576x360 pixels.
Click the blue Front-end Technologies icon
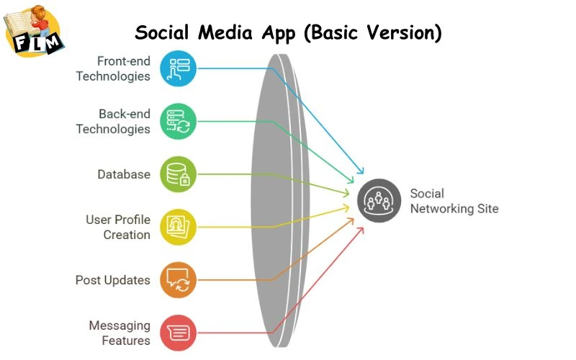pyautogui.click(x=177, y=68)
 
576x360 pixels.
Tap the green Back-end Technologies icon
pyautogui.click(x=177, y=121)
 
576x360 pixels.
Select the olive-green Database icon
pyautogui.click(x=177, y=174)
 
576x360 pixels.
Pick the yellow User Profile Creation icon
pyautogui.click(x=177, y=227)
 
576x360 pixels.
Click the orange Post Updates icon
pyautogui.click(x=177, y=279)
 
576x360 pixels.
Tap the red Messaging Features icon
pyautogui.click(x=177, y=333)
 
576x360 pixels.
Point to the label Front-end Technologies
pyautogui.click(x=113, y=68)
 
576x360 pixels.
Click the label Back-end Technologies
pyautogui.click(x=113, y=121)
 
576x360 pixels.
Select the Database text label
pyautogui.click(x=124, y=174)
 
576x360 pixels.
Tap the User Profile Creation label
pyautogui.click(x=118, y=227)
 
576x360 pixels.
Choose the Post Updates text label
pyautogui.click(x=113, y=280)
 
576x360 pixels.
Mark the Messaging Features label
pyautogui.click(x=120, y=333)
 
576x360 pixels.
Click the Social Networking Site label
pyautogui.click(x=454, y=201)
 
